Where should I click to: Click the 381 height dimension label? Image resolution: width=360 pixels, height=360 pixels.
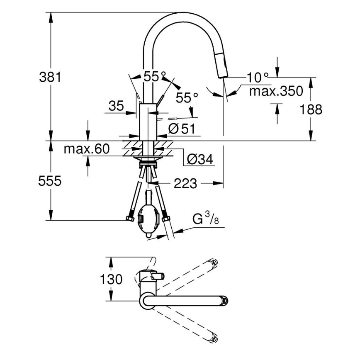pyautogui.click(x=50, y=77)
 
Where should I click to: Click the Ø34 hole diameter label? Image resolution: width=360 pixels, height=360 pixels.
pyautogui.click(x=200, y=159)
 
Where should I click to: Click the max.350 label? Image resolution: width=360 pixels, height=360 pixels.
pyautogui.click(x=275, y=91)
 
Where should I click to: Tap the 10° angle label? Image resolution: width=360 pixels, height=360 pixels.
pyautogui.click(x=257, y=77)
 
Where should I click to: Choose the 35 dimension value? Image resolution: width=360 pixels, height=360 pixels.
pyautogui.click(x=117, y=106)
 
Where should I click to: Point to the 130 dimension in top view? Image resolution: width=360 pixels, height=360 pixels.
pyautogui.click(x=111, y=279)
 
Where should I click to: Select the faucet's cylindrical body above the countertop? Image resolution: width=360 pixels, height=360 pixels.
pyautogui.click(x=147, y=122)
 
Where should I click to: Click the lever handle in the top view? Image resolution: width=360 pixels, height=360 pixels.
pyautogui.click(x=157, y=276)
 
